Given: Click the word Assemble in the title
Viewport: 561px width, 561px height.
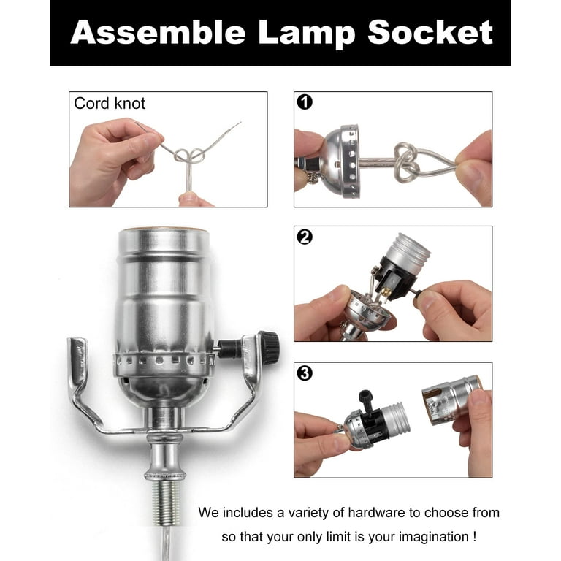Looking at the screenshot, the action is (x=158, y=32).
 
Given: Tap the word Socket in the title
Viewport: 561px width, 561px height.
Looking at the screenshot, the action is (x=430, y=32).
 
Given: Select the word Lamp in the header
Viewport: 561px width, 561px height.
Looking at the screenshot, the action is (x=306, y=34).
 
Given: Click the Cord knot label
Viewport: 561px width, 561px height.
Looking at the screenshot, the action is (x=110, y=104).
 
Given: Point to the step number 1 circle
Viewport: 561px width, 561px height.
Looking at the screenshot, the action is (x=305, y=102).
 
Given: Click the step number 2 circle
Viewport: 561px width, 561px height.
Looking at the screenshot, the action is (x=305, y=237).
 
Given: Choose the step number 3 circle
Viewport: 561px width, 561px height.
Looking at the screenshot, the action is (x=305, y=373).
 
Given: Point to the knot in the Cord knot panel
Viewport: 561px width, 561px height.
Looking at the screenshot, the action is (x=190, y=156).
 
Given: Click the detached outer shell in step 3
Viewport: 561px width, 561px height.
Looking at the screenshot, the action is (x=451, y=400).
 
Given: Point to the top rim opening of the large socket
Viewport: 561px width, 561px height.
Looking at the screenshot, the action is (x=163, y=229).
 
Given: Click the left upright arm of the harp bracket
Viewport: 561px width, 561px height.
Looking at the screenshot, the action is (x=78, y=365).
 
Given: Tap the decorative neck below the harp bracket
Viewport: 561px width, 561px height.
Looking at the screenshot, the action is (x=165, y=456).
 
